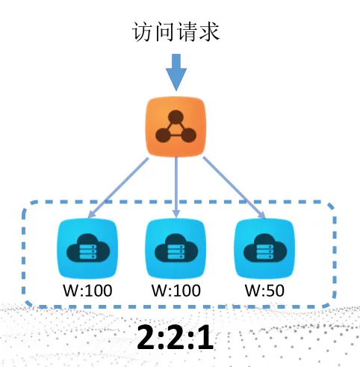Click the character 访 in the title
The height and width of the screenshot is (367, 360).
(143, 32)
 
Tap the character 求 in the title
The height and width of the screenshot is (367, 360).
(209, 32)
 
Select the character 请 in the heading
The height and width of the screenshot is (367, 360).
(187, 32)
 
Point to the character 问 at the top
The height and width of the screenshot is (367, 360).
(164, 32)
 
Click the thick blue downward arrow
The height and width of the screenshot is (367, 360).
(176, 73)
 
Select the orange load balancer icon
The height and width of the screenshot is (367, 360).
(176, 127)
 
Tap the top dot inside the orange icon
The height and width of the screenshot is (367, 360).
(176, 117)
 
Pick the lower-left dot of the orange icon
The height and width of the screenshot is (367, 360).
(163, 135)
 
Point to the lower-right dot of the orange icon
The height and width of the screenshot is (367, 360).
(189, 135)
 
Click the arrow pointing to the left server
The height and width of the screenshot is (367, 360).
(119, 188)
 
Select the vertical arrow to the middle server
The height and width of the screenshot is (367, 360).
(176, 188)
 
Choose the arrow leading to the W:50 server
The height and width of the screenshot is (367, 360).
(234, 188)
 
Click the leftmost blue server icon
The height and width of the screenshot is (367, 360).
(87, 249)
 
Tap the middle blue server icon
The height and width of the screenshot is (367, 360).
(176, 249)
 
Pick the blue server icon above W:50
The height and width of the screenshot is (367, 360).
(264, 249)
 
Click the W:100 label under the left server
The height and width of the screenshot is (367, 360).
(87, 291)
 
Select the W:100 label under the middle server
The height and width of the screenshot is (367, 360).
(176, 291)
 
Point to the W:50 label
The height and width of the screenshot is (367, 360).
(264, 291)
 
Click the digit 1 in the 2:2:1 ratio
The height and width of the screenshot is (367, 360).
(205, 337)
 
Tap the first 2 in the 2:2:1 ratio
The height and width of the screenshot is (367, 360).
(146, 337)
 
